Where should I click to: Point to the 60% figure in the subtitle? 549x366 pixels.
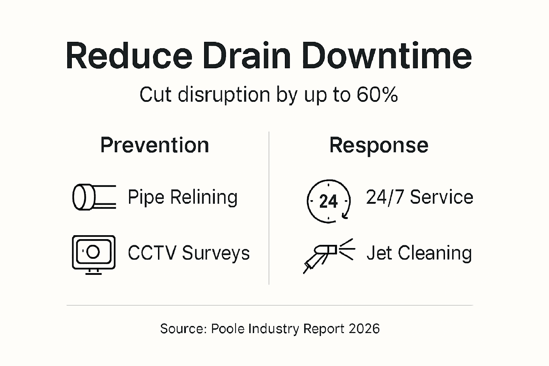click(377, 95)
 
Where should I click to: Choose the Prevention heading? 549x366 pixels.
click(154, 145)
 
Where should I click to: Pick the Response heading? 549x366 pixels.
click(379, 145)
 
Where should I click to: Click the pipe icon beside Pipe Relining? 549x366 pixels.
click(94, 197)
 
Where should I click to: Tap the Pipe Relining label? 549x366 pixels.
click(182, 197)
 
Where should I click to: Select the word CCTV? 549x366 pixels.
click(152, 253)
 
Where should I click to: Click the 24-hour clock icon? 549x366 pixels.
click(328, 201)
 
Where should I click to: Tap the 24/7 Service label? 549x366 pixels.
click(420, 197)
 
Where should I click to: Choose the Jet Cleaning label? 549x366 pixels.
click(419, 253)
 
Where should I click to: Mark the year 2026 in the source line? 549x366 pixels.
click(364, 328)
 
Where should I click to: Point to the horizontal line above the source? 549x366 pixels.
click(269, 306)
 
